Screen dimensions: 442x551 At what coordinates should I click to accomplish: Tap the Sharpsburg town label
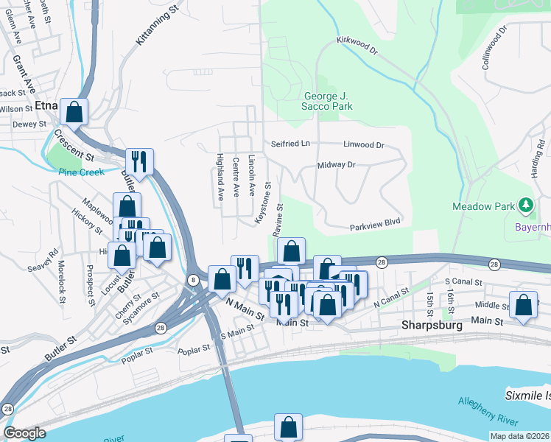pos(431,325)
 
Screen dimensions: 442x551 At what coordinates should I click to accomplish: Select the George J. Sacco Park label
pos(329,101)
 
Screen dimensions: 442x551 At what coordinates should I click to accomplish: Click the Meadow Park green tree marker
pos(524,205)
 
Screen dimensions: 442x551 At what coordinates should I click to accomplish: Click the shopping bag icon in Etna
pos(74,112)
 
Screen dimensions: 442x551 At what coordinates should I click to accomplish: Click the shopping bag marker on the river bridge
pos(289,427)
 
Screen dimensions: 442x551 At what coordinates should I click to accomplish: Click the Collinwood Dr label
pos(495,48)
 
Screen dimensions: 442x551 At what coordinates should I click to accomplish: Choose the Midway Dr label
pos(337,165)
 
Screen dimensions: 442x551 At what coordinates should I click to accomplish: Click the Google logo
pos(24,433)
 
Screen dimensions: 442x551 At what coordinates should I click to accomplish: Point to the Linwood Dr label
pos(364,144)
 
